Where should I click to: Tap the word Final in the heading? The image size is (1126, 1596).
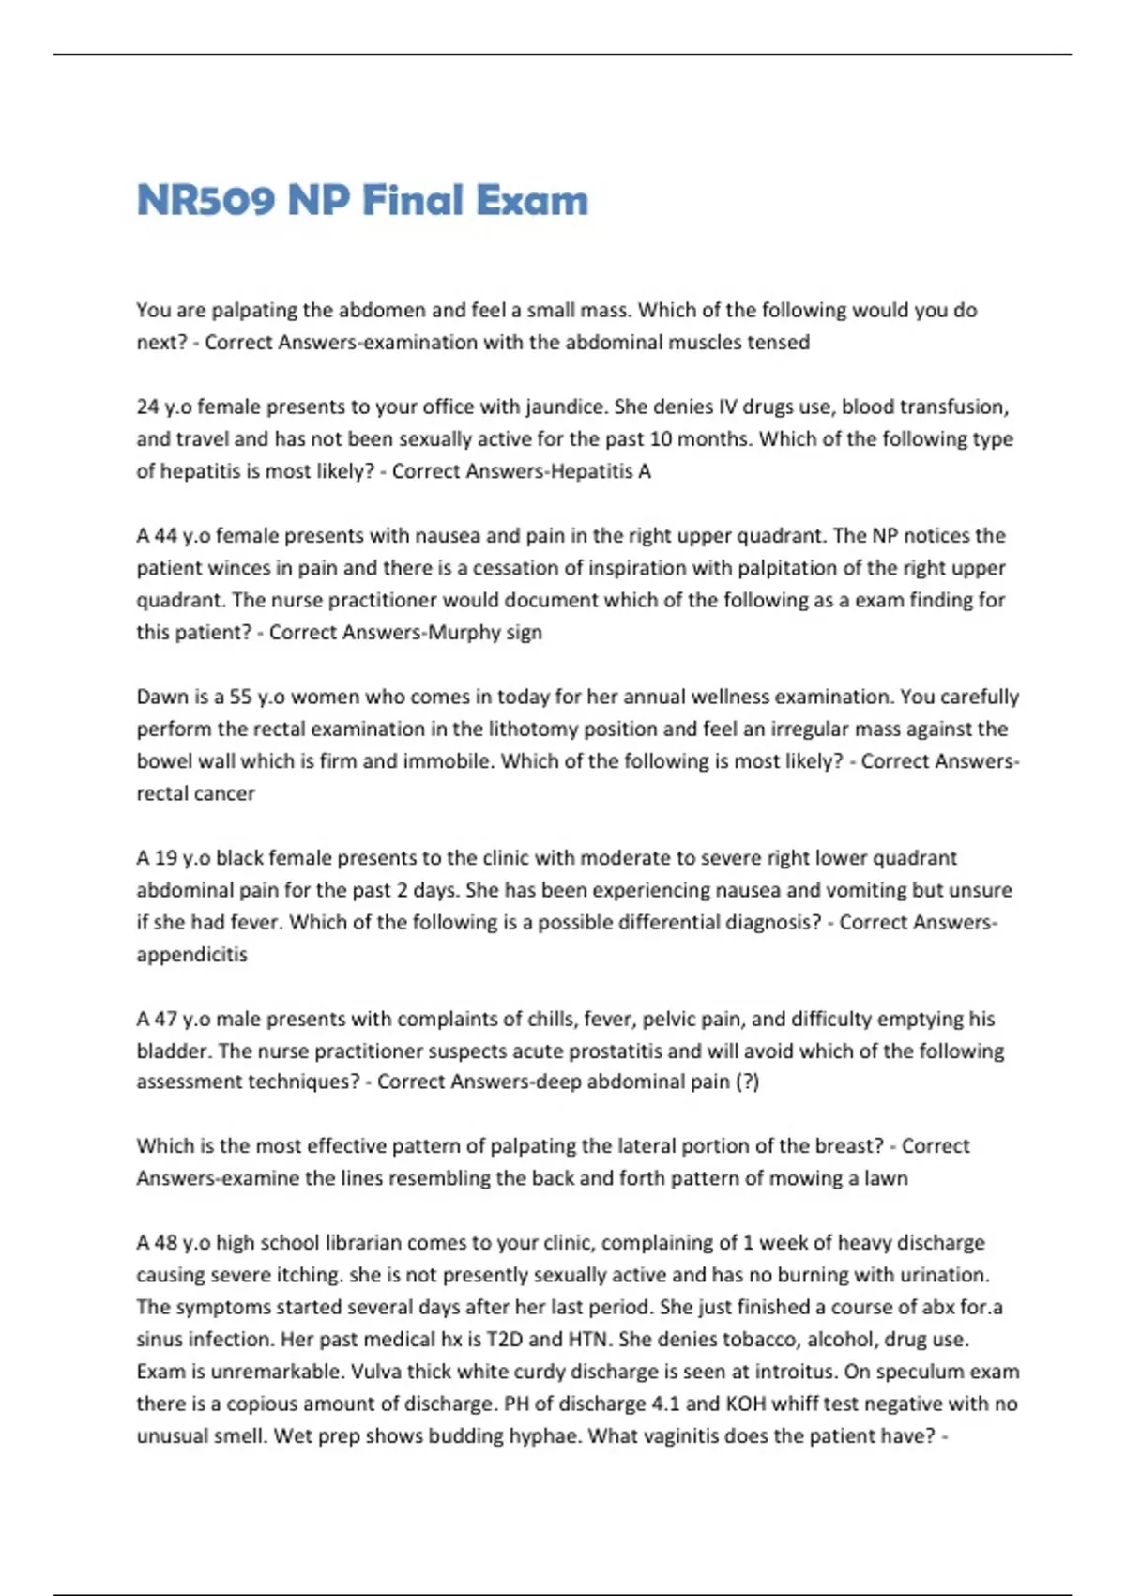(413, 200)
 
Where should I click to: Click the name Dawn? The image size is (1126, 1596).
(161, 697)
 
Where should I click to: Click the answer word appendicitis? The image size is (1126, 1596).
(191, 954)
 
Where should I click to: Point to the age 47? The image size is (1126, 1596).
(166, 1019)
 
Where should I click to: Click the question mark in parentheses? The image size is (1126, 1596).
(748, 1082)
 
